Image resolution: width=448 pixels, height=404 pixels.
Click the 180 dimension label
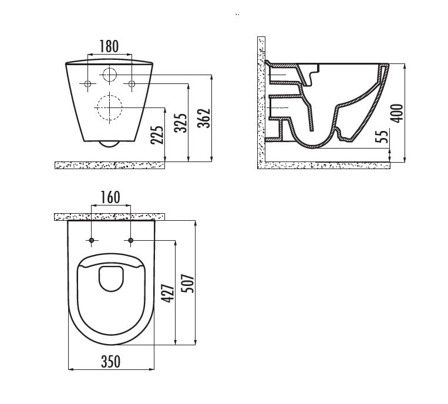coord(109,46)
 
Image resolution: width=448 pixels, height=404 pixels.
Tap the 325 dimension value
coord(181,123)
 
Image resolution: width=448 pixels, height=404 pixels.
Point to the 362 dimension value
coord(204,118)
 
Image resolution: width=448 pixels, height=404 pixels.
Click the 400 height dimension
coord(397,113)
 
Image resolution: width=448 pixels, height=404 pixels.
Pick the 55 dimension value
coord(384,136)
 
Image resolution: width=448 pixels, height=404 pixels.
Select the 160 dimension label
coord(110,197)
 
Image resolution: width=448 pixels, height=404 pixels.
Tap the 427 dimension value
coord(167,293)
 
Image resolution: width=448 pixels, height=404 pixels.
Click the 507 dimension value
coord(188,284)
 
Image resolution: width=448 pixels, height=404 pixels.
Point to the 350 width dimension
coord(111,362)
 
